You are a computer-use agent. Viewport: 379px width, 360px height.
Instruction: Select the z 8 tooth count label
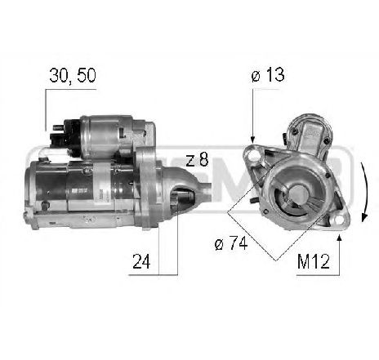(x=198, y=160)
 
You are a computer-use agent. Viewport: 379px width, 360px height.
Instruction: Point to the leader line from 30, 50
(x=45, y=106)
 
